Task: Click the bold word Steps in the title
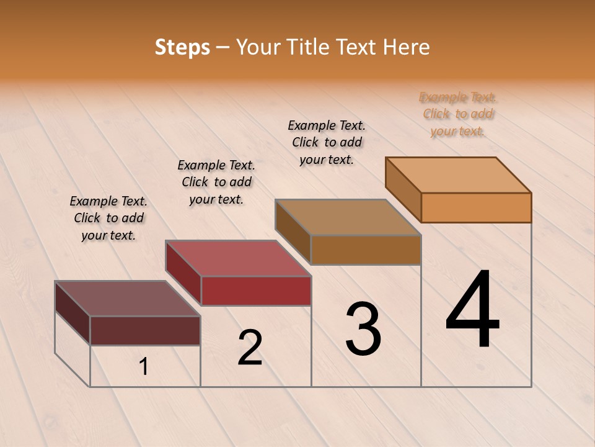(x=182, y=47)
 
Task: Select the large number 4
(x=472, y=310)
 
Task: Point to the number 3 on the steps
(x=363, y=329)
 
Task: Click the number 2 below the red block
(x=250, y=348)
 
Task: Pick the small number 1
(x=144, y=367)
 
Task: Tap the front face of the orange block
(x=476, y=207)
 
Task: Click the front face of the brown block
(x=366, y=250)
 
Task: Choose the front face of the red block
(x=256, y=291)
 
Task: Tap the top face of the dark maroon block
(x=128, y=299)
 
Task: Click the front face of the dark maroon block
(x=145, y=330)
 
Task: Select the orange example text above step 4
(x=458, y=114)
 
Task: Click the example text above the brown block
(x=327, y=142)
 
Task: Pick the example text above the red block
(x=216, y=182)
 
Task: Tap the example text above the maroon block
(x=108, y=218)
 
